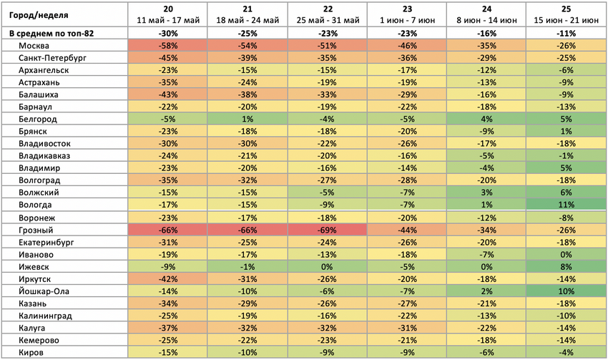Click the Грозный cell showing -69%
pyautogui.click(x=327, y=230)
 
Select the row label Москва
pyautogui.click(x=34, y=46)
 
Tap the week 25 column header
pyautogui.click(x=566, y=15)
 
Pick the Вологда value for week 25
pyautogui.click(x=566, y=205)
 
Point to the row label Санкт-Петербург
pyautogui.click(x=52, y=58)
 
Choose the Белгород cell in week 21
pyautogui.click(x=247, y=119)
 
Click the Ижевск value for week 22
pyautogui.click(x=327, y=267)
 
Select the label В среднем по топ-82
pyautogui.click(x=52, y=34)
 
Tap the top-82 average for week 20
pyautogui.click(x=168, y=34)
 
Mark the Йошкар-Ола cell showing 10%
pyautogui.click(x=566, y=291)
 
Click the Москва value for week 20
pyautogui.click(x=168, y=46)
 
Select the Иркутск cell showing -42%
pyautogui.click(x=168, y=279)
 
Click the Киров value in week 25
pyautogui.click(x=566, y=353)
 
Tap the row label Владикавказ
pyautogui.click(x=44, y=156)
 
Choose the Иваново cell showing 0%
pyautogui.click(x=566, y=255)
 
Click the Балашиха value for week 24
pyautogui.click(x=486, y=94)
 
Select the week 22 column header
pyautogui.click(x=328, y=15)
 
